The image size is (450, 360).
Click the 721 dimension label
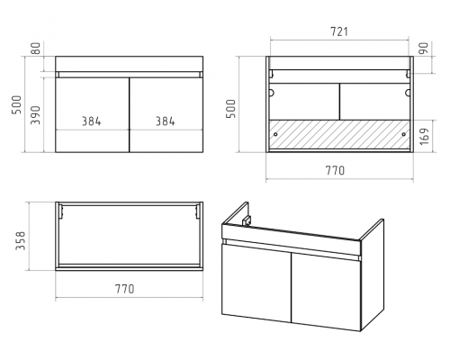[339, 31]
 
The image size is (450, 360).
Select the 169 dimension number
[424, 137]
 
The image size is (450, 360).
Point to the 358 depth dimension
[21, 240]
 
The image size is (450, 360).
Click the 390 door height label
[35, 115]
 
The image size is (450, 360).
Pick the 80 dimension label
[35, 49]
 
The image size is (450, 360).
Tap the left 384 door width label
[92, 121]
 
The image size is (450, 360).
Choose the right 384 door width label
[165, 121]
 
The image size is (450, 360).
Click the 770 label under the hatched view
[335, 170]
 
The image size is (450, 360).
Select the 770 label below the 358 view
[125, 289]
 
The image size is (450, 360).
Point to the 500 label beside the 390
[17, 104]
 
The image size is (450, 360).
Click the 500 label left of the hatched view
[230, 109]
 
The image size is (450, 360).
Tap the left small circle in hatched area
[275, 134]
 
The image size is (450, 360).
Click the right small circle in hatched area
[403, 134]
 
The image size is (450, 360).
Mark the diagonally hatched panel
[339, 134]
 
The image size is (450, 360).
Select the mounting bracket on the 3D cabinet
[247, 220]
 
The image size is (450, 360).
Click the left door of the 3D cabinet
[256, 283]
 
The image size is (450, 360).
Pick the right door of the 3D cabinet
[326, 292]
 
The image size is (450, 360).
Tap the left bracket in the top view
[61, 211]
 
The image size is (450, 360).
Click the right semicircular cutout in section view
[408, 93]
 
